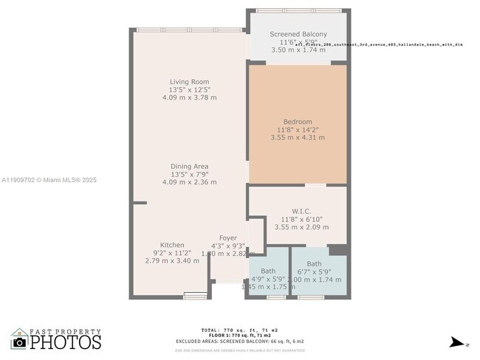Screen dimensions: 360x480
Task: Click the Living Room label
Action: (x=189, y=82)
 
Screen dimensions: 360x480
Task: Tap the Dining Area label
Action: (x=189, y=167)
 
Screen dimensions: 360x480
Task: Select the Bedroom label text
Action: (x=298, y=122)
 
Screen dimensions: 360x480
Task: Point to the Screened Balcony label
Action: (x=298, y=34)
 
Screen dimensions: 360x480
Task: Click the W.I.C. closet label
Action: (x=298, y=210)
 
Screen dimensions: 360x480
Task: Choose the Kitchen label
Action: (x=172, y=245)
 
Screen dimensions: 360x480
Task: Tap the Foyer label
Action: (x=227, y=238)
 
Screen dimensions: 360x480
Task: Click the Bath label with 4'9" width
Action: (x=267, y=271)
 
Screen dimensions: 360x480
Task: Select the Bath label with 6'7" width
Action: (x=314, y=263)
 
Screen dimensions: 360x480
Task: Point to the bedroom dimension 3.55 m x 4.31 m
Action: (x=298, y=137)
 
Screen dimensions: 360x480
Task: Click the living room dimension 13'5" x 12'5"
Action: (x=189, y=90)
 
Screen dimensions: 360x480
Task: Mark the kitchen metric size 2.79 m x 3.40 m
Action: (x=172, y=260)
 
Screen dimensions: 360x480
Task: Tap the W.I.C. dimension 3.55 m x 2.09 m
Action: (x=298, y=226)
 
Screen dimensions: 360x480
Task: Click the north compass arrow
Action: (x=459, y=342)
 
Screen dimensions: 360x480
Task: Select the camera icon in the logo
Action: (x=20, y=342)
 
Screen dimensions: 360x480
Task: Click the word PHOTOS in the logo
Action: (x=66, y=342)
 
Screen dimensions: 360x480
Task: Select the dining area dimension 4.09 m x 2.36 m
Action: (x=189, y=182)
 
